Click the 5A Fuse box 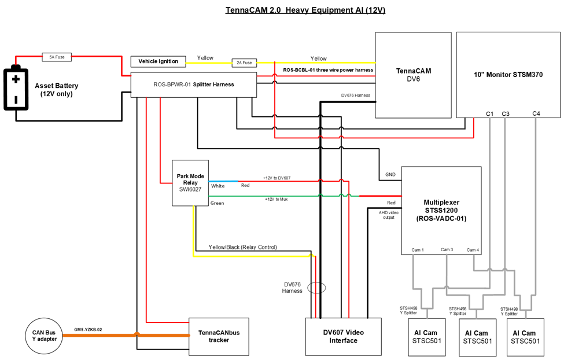57,57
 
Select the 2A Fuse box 244,63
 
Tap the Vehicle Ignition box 158,61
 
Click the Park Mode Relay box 190,183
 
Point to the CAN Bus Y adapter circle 44,336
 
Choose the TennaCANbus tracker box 219,337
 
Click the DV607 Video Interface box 344,337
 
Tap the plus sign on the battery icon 16,79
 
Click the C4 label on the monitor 536,113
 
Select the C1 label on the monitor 489,114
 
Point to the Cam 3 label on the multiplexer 447,249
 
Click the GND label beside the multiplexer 390,174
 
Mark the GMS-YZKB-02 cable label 88,329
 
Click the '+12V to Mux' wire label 277,199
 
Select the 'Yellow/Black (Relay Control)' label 243,247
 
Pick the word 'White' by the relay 218,186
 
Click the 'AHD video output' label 389,215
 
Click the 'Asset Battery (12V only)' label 57,90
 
